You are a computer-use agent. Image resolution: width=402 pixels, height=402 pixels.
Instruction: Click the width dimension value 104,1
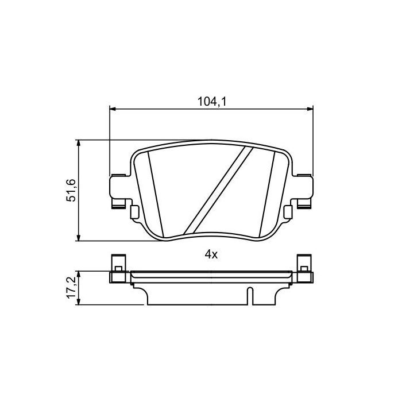pos(211,102)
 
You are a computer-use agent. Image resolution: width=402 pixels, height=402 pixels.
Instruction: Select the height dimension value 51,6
pos(71,190)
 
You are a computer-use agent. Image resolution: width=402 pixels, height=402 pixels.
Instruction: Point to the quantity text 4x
pos(211,255)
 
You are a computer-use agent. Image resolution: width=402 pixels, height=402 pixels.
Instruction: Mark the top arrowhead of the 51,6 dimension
pos(79,142)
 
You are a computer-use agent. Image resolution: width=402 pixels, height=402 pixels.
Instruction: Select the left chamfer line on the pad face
pos(153,190)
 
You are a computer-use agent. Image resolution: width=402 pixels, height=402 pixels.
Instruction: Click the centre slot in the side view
pos(250,295)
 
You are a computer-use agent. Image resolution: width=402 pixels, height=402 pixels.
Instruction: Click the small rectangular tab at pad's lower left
pos(134,212)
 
